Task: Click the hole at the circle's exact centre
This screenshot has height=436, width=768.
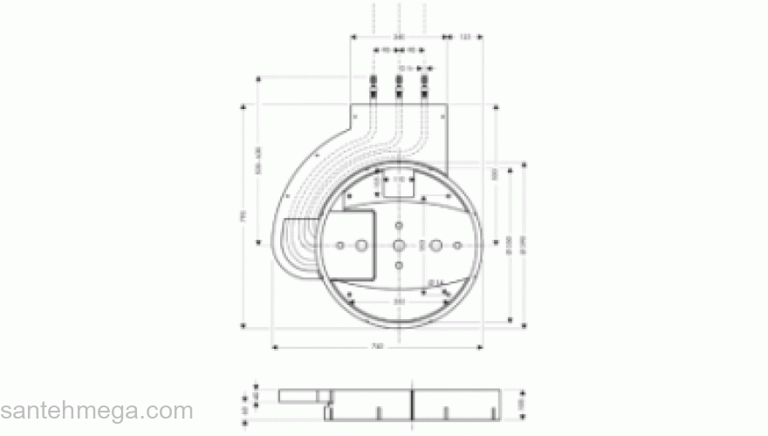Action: point(398,245)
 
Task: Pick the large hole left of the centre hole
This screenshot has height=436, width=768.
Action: point(360,246)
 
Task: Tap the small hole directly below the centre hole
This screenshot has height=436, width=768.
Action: point(398,264)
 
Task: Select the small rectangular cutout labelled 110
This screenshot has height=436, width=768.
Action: point(398,184)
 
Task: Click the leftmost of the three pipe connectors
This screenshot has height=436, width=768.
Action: point(373,85)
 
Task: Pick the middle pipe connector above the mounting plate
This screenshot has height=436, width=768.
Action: point(399,85)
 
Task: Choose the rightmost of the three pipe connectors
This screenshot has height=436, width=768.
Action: point(425,85)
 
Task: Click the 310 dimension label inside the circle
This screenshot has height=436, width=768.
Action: point(398,301)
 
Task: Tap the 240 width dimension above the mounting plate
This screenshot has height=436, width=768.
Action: point(398,37)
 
